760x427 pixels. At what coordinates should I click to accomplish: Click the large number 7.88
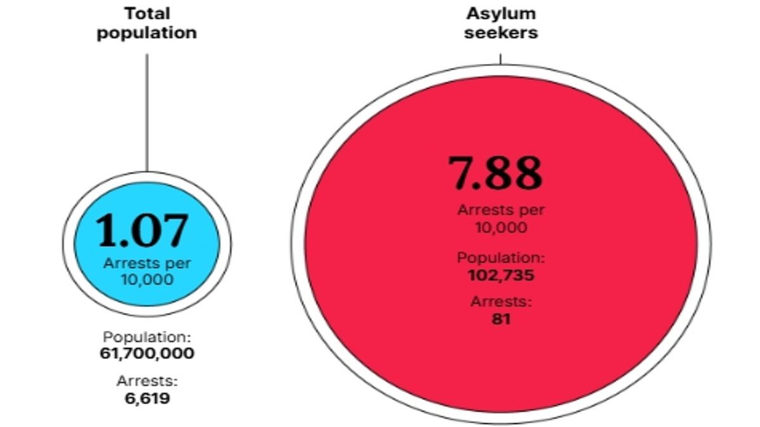(495, 173)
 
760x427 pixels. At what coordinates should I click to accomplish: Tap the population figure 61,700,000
(147, 353)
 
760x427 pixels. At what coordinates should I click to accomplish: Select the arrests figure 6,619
(147, 398)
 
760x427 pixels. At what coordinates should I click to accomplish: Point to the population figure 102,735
(501, 275)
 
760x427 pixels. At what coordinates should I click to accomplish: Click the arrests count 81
(501, 319)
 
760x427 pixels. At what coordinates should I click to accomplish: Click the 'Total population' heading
(147, 23)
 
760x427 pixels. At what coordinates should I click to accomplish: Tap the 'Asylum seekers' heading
(500, 23)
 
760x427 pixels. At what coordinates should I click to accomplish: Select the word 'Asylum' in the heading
(500, 13)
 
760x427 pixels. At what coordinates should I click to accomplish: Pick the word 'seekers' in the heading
(500, 32)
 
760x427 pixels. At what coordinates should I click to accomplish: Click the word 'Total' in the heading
(147, 13)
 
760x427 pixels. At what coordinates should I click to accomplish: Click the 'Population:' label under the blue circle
(147, 337)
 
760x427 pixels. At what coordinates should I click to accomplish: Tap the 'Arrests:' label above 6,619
(147, 381)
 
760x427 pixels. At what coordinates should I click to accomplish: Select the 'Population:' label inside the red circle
(501, 258)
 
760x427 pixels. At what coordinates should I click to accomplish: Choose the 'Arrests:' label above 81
(501, 302)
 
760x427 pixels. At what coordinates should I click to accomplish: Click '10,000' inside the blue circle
(147, 279)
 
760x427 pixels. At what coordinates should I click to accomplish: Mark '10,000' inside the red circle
(501, 227)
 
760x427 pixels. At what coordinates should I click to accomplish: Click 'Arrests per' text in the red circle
(501, 211)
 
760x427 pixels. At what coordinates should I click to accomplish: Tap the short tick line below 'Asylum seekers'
(501, 58)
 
